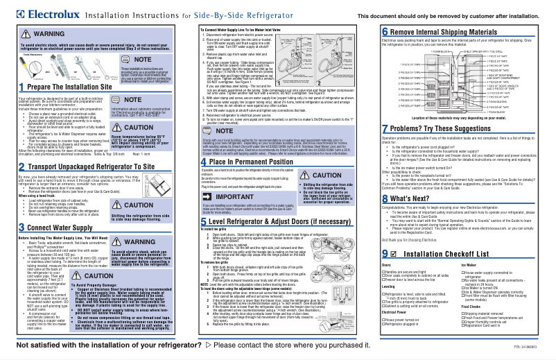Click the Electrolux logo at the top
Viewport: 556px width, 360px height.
pyautogui.click(x=35, y=13)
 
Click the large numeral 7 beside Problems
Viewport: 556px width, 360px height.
pyautogui.click(x=386, y=129)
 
